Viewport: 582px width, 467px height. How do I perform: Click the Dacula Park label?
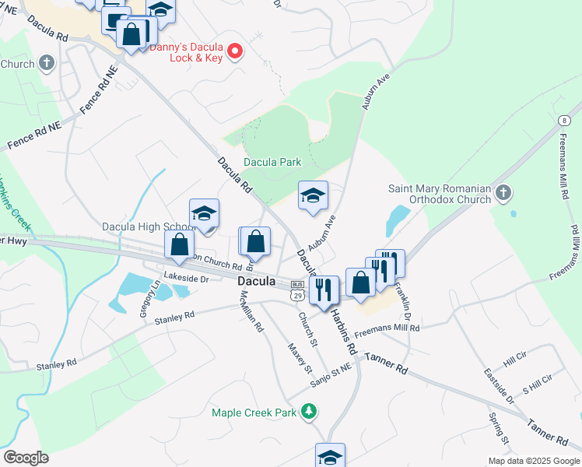tap(272, 163)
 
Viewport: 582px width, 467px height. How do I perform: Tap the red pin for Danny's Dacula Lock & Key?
tap(236, 52)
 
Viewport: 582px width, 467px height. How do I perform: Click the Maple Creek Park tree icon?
tap(310, 411)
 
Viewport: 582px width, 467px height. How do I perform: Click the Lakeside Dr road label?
tap(187, 278)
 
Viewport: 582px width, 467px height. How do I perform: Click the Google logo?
tap(26, 458)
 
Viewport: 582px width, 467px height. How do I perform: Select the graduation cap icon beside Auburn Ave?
tap(313, 195)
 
